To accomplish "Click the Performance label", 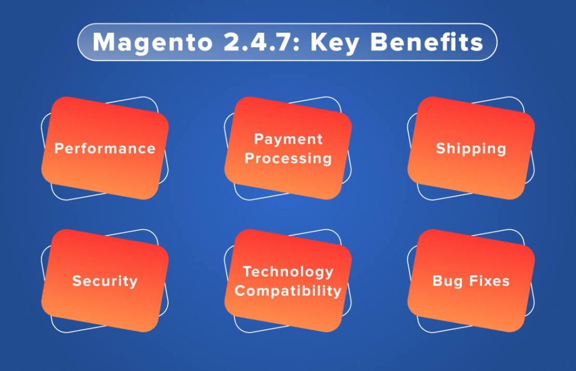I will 105,149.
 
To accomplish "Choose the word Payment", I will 288,139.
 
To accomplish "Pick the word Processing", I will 288,158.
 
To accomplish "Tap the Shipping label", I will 471,149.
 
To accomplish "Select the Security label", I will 105,281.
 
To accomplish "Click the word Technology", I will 288,271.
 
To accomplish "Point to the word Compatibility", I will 288,291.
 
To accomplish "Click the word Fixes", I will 488,281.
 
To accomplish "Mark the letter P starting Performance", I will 58,149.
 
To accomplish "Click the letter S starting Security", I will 76,281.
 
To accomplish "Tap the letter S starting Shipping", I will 440,149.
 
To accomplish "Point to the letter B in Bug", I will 437,281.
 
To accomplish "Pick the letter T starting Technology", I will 246,271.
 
